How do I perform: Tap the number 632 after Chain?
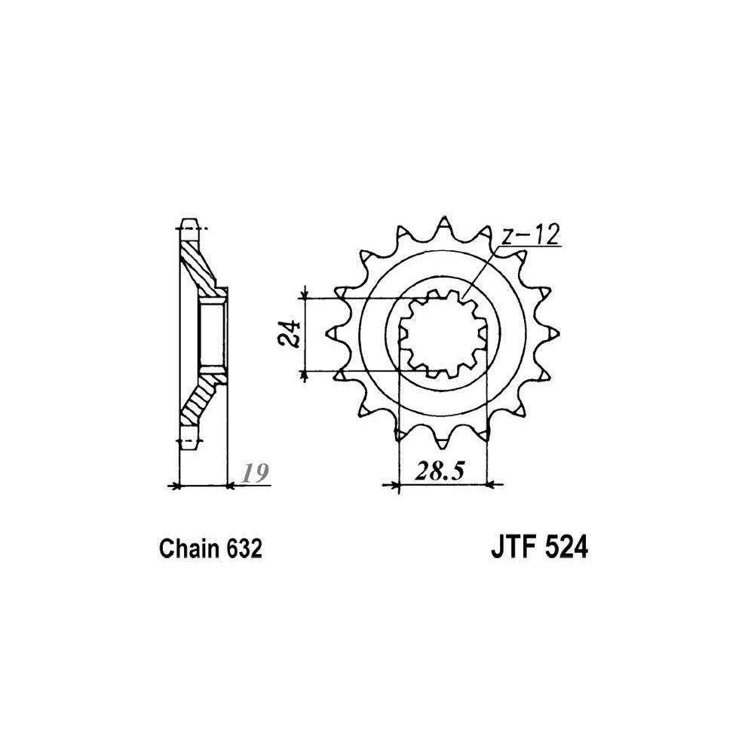[x=244, y=548]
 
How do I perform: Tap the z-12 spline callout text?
[x=531, y=235]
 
